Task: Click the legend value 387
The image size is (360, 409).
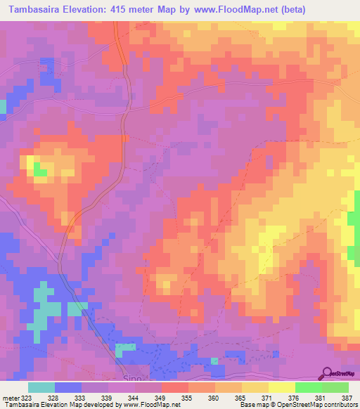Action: (346, 397)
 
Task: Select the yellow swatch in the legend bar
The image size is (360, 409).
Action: (281, 387)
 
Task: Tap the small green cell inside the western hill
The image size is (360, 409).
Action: (40, 171)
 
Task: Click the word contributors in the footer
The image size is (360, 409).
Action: (338, 405)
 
